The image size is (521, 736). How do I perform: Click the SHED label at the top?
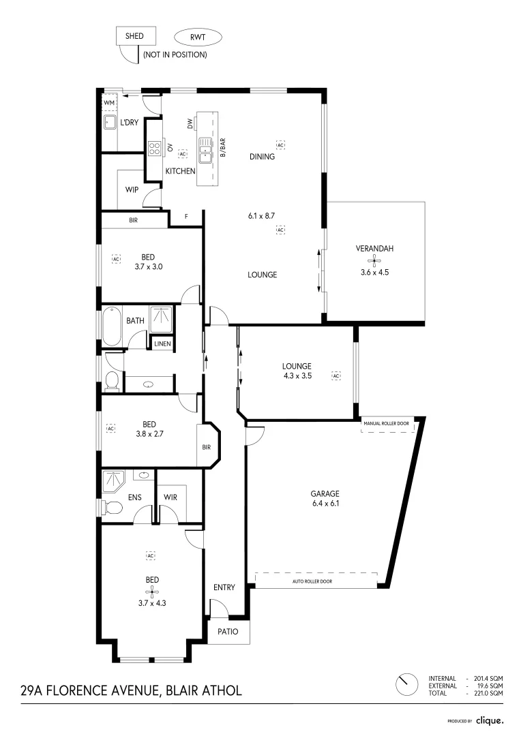(x=134, y=36)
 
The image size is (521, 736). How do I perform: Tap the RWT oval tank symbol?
(x=198, y=37)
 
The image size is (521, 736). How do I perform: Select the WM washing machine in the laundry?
(x=109, y=103)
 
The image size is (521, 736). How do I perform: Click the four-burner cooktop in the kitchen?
(x=155, y=149)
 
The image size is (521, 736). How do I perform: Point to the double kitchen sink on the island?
(x=205, y=150)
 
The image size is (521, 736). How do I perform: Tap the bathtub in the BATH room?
(x=112, y=326)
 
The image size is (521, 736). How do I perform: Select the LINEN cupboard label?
(x=162, y=343)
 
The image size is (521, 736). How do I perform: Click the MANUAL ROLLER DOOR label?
(x=386, y=423)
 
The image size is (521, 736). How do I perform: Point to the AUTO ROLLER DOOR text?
(x=312, y=581)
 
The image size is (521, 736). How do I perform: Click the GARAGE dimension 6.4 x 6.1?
(x=325, y=504)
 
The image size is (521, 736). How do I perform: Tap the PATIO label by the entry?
(x=228, y=631)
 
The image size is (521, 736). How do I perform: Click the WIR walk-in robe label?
(x=170, y=497)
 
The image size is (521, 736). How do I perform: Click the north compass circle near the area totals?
(x=407, y=686)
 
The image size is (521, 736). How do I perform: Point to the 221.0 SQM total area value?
(x=488, y=693)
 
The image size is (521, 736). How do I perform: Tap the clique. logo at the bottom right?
(x=490, y=720)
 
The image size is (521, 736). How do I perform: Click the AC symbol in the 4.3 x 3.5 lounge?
(x=336, y=375)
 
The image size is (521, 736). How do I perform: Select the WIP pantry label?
(x=132, y=189)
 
